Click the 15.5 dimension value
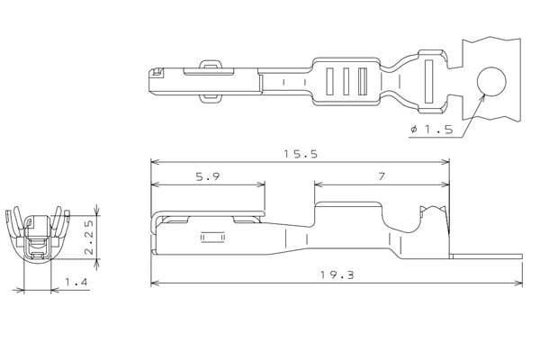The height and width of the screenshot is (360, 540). pyautogui.click(x=301, y=154)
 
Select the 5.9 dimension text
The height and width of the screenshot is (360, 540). pyautogui.click(x=208, y=177)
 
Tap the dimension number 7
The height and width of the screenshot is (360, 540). pyautogui.click(x=382, y=177)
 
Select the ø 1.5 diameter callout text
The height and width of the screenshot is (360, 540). pyautogui.click(x=432, y=130)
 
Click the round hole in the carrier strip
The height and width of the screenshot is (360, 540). pyautogui.click(x=491, y=82)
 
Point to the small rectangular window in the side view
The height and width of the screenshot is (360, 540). pyautogui.click(x=211, y=239)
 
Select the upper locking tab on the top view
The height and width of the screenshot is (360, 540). pyautogui.click(x=209, y=64)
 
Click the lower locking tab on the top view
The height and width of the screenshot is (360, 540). pyautogui.click(x=209, y=99)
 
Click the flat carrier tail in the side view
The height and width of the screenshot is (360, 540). pyautogui.click(x=486, y=257)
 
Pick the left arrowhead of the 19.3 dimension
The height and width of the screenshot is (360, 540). pyautogui.click(x=154, y=283)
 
